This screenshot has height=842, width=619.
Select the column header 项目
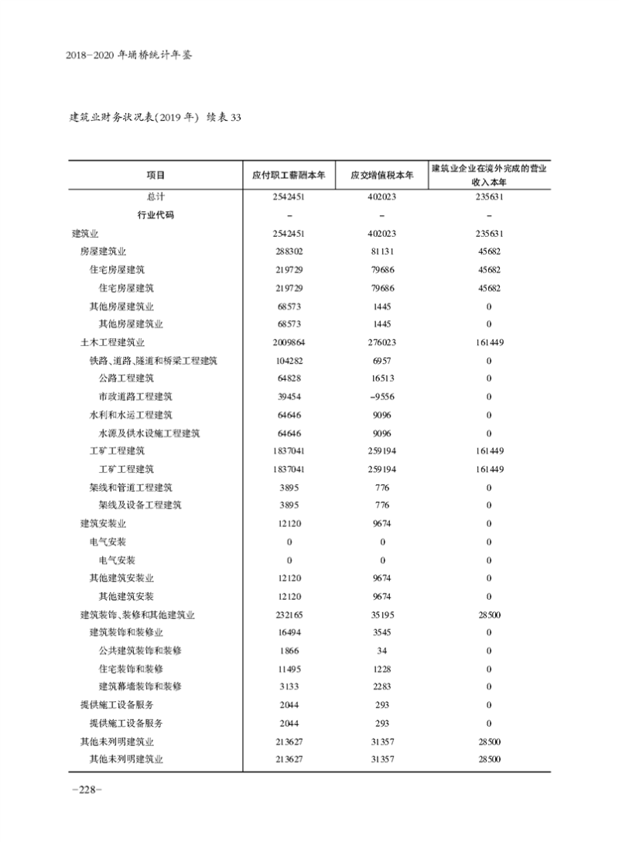(156, 174)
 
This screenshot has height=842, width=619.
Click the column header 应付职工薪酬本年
(289, 174)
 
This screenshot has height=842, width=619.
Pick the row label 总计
(156, 197)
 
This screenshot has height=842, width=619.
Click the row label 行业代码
(156, 215)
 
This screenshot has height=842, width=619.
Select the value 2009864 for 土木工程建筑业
(289, 342)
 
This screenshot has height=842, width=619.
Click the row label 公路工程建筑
(126, 378)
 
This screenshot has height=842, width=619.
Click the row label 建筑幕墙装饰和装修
(140, 686)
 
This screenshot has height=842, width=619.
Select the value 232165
(289, 614)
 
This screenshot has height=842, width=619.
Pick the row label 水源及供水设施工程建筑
(149, 433)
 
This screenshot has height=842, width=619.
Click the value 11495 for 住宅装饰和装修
(289, 669)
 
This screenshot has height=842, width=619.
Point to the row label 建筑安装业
(103, 524)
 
